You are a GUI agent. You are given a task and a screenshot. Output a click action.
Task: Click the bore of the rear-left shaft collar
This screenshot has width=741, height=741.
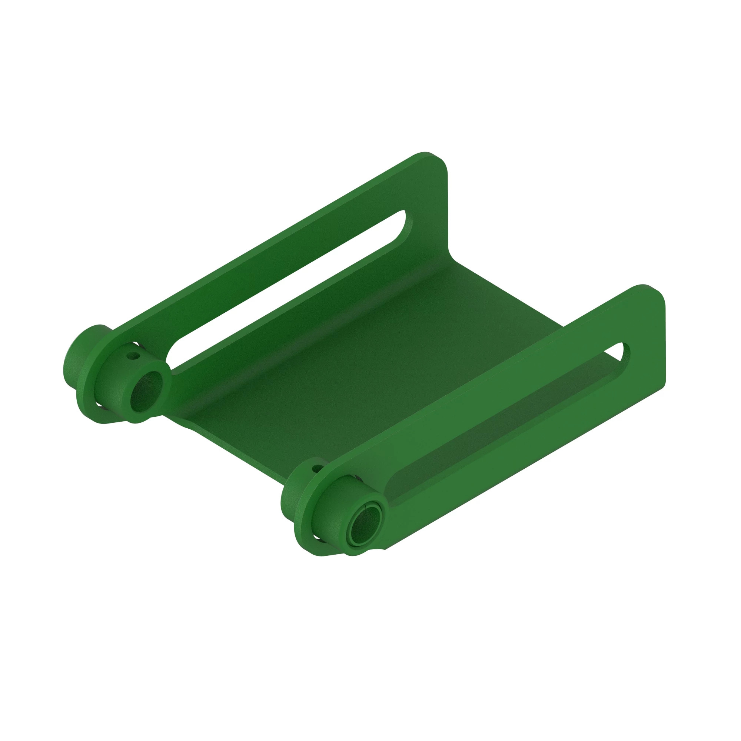[146, 391]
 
